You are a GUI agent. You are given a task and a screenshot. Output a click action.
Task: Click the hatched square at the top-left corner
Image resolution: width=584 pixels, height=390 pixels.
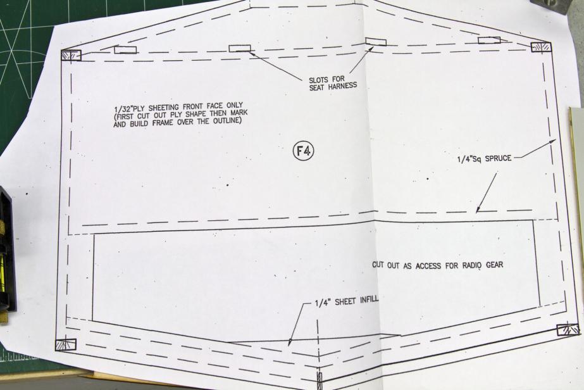point(70,55)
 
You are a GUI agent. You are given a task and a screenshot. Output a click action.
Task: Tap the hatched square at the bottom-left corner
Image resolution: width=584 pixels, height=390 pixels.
point(66,344)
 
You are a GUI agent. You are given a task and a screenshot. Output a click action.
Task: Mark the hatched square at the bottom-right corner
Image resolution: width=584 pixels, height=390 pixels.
point(567,329)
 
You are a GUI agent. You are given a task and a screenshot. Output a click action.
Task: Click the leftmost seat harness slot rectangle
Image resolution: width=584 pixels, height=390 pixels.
point(125,49)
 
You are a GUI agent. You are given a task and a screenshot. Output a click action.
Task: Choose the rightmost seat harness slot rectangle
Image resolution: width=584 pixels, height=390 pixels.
point(488,41)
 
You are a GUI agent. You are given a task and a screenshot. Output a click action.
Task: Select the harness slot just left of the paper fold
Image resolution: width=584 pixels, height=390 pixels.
point(240,48)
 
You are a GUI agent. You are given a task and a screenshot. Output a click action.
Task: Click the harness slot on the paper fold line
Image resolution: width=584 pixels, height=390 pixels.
point(376,42)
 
